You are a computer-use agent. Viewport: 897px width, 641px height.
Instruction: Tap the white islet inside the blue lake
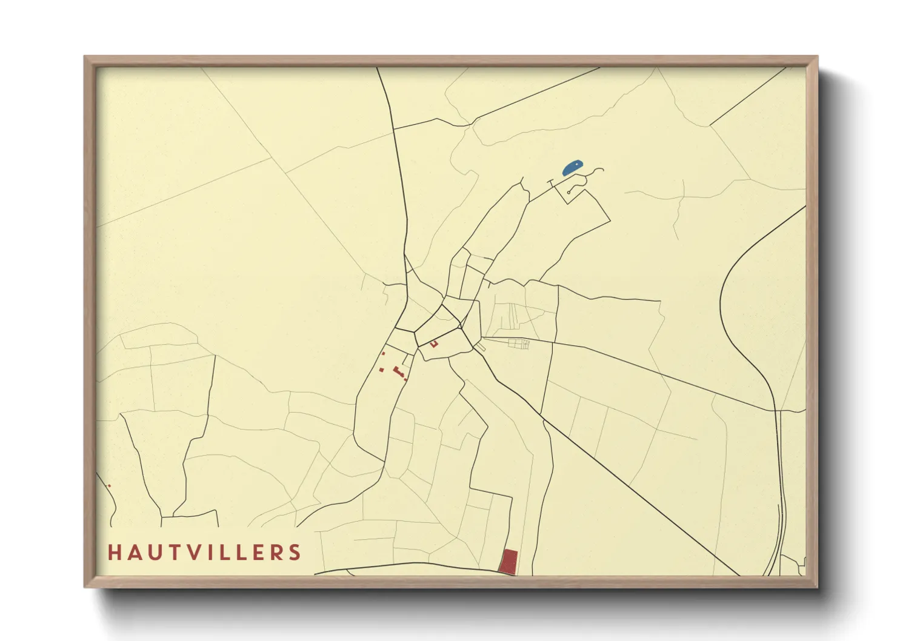(x=576, y=164)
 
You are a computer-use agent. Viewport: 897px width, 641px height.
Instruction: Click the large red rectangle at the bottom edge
(x=509, y=562)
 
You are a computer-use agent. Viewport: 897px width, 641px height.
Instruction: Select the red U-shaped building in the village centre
(x=434, y=344)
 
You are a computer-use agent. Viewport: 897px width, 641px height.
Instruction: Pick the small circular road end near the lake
(x=569, y=192)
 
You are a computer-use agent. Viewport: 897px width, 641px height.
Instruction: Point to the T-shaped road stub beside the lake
(x=551, y=182)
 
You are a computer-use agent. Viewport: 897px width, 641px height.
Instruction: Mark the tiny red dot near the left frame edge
(x=109, y=486)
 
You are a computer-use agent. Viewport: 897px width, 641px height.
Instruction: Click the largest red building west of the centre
(x=399, y=371)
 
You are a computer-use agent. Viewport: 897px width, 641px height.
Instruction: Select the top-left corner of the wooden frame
(x=85, y=58)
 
